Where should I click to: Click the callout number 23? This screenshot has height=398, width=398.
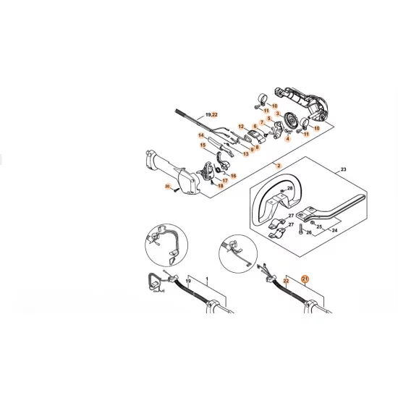342,169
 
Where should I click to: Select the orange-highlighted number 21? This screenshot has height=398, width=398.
305,278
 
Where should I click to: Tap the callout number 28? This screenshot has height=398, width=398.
290,188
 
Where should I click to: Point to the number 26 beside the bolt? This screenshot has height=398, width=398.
308,233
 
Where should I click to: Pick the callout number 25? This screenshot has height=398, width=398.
319,226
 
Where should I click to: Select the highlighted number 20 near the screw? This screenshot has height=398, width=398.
167,188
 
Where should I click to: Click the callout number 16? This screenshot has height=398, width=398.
233,175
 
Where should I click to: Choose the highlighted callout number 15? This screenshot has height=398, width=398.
203,145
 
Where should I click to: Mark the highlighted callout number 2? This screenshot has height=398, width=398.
277,166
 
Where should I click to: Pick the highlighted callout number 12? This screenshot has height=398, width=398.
242,126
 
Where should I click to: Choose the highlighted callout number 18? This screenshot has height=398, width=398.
221,186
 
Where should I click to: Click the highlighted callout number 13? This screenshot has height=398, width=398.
246,153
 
